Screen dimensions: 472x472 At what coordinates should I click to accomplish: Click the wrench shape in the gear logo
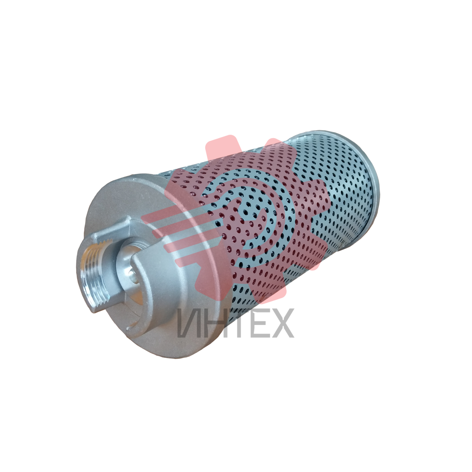click(x=247, y=215)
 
